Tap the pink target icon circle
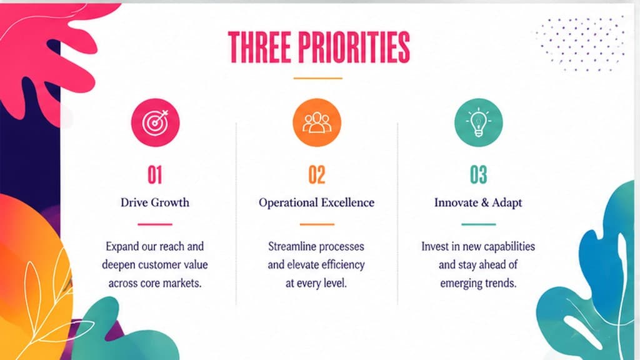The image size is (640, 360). click(x=155, y=122)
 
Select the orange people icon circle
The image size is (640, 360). click(x=317, y=122)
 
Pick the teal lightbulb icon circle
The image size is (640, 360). click(x=478, y=122)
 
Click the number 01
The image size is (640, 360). click(x=155, y=175)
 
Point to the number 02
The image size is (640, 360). click(x=317, y=175)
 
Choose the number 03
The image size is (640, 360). click(x=478, y=175)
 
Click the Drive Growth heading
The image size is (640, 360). click(x=155, y=202)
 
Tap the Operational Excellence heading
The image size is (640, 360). click(x=316, y=203)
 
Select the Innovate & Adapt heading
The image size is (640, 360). click(x=478, y=202)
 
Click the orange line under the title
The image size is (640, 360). click(x=317, y=78)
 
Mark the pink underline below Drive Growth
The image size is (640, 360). click(x=155, y=224)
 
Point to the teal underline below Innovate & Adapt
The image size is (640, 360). click(x=478, y=224)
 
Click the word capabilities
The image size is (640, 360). click(x=509, y=246)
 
